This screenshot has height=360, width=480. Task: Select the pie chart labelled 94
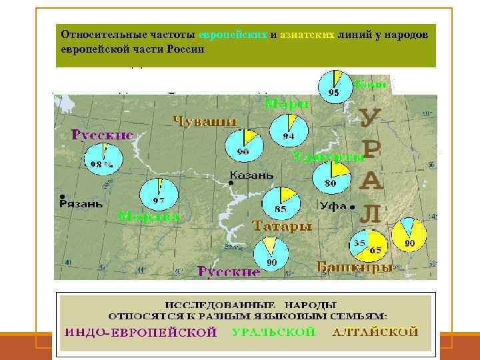click(x=289, y=130)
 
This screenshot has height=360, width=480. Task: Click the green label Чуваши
click(x=205, y=121)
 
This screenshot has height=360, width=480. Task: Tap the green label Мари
click(x=287, y=104)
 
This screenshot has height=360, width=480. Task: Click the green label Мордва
click(x=149, y=217)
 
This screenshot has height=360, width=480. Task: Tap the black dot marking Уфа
click(x=351, y=207)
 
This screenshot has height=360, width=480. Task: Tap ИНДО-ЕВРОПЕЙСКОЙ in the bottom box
click(x=141, y=332)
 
